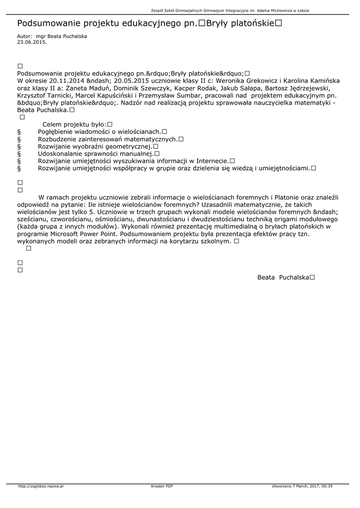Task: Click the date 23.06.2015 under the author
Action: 32,42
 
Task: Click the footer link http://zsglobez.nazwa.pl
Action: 41,486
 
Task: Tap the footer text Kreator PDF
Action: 162,486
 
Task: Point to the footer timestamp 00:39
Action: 327,486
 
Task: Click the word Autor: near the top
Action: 24,37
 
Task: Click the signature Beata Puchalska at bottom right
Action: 284,277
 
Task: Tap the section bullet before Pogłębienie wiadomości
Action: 19,131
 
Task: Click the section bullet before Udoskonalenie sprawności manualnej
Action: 19,154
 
